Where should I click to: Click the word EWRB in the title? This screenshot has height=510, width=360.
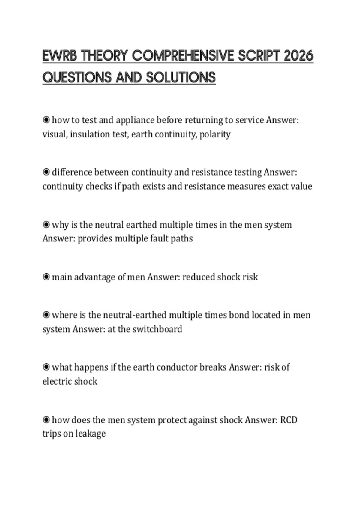(x=60, y=56)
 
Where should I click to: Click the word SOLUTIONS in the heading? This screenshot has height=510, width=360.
(x=181, y=78)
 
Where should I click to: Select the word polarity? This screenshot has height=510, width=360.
(x=215, y=134)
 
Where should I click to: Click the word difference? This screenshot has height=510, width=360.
(x=72, y=172)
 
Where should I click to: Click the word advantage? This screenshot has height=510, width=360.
(x=94, y=277)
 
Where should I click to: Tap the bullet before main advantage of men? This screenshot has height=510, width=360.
(x=46, y=277)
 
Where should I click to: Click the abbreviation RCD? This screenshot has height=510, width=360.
(x=289, y=420)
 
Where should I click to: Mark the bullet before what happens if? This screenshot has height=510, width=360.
(x=46, y=367)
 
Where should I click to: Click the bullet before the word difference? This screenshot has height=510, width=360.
(x=46, y=172)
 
